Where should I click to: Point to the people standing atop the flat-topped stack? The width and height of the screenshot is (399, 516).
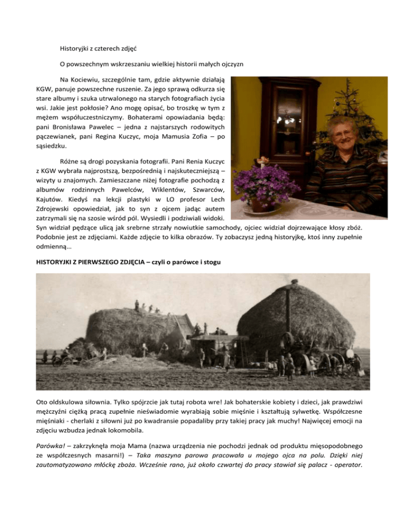(148, 307)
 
